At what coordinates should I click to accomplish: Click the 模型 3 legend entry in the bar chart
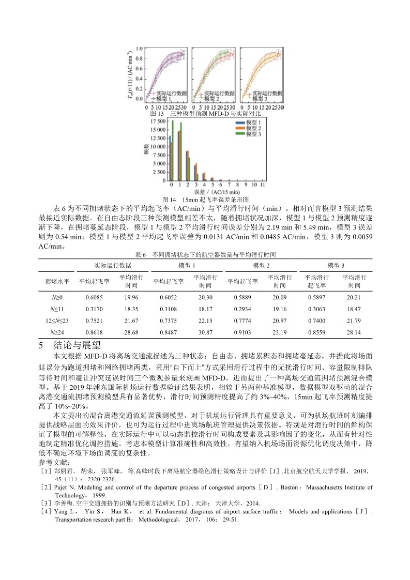tap(251, 134)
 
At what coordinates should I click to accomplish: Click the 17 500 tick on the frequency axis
tap(159, 121)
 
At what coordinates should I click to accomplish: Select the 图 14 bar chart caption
tap(206, 199)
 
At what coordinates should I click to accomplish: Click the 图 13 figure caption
tap(205, 113)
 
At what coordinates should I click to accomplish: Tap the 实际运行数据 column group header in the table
tap(112, 265)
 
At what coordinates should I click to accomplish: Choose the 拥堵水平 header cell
tap(57, 282)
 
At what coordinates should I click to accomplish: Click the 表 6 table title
tap(205, 255)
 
